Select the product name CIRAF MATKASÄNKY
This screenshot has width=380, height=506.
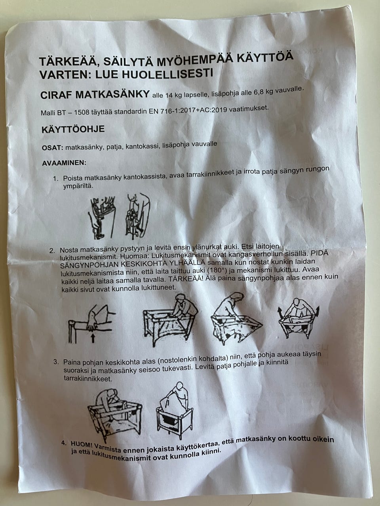point(95,95)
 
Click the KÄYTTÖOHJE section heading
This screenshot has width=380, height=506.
point(73,129)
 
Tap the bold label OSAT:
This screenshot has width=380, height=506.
point(52,147)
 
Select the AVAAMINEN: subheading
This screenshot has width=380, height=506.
point(64,163)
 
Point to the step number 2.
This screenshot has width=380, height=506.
point(52,251)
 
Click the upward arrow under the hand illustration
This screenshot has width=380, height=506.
point(93,338)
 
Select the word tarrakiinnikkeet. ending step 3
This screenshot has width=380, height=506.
point(87,379)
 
